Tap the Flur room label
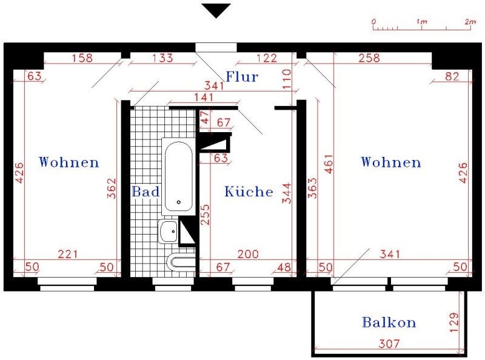(242, 77)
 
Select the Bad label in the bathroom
(145, 192)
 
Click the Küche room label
(249, 192)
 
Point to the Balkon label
(389, 322)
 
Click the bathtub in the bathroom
(178, 176)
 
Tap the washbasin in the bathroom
(168, 232)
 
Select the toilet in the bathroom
(181, 262)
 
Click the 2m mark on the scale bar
(470, 22)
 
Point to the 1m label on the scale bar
(421, 22)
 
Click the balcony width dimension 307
(389, 343)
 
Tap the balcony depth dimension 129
(453, 322)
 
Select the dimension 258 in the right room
(369, 58)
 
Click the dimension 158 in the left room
(82, 58)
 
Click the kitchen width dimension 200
(248, 254)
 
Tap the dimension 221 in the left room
(68, 254)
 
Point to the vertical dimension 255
(205, 215)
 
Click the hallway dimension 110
(287, 79)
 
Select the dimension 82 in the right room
(452, 76)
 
